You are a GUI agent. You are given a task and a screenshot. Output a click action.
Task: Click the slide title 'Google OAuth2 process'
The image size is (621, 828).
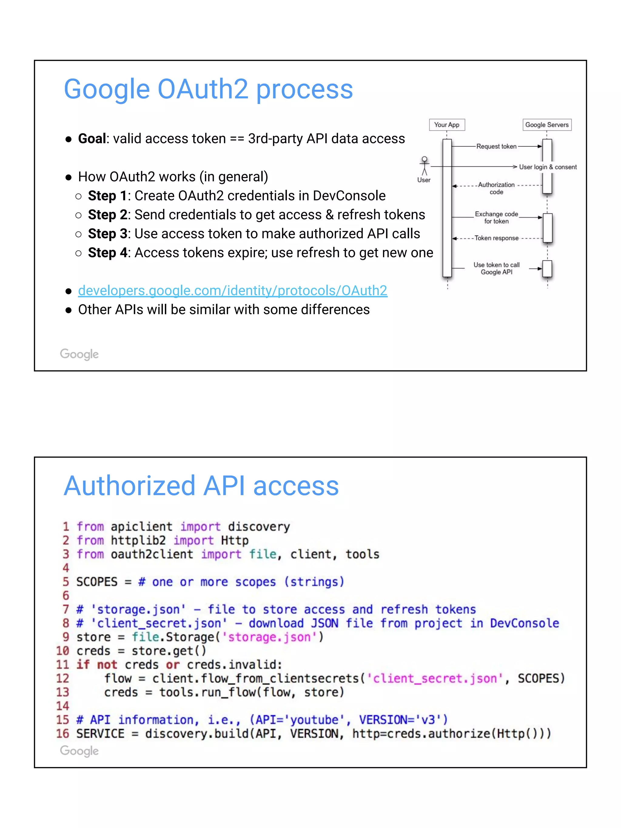[x=208, y=89]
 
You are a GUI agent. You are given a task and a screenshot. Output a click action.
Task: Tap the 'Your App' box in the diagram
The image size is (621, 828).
[x=447, y=125]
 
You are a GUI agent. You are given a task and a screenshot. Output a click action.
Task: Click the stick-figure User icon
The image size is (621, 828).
[x=424, y=166]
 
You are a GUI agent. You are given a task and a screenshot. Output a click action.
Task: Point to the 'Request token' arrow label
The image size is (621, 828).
[x=496, y=146]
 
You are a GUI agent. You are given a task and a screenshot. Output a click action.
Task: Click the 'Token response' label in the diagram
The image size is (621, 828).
[x=496, y=238]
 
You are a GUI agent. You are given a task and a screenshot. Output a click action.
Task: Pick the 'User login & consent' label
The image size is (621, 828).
[x=548, y=167]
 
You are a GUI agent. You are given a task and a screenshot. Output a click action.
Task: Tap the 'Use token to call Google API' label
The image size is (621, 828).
[x=496, y=268]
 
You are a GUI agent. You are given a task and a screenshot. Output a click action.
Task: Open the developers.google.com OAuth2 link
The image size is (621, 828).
[x=233, y=290]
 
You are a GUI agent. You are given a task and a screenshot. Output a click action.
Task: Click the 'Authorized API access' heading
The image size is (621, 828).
[x=201, y=486]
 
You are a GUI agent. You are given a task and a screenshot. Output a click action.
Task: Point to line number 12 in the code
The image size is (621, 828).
[x=62, y=679]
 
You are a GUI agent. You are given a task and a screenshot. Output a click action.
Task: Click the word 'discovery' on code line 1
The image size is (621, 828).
[x=259, y=527]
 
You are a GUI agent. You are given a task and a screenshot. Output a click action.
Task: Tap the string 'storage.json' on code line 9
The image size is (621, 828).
[x=270, y=637]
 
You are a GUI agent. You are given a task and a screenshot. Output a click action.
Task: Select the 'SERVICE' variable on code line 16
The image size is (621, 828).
[x=100, y=734]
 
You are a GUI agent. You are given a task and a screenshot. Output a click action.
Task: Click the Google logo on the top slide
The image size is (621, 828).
[x=79, y=354]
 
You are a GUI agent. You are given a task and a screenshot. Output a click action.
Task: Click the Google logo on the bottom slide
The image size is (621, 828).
[x=79, y=751]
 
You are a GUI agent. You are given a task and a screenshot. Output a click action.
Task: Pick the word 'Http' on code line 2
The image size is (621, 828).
[x=235, y=541]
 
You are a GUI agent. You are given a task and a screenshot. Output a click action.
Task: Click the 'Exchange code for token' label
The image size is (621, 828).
[x=496, y=217]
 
